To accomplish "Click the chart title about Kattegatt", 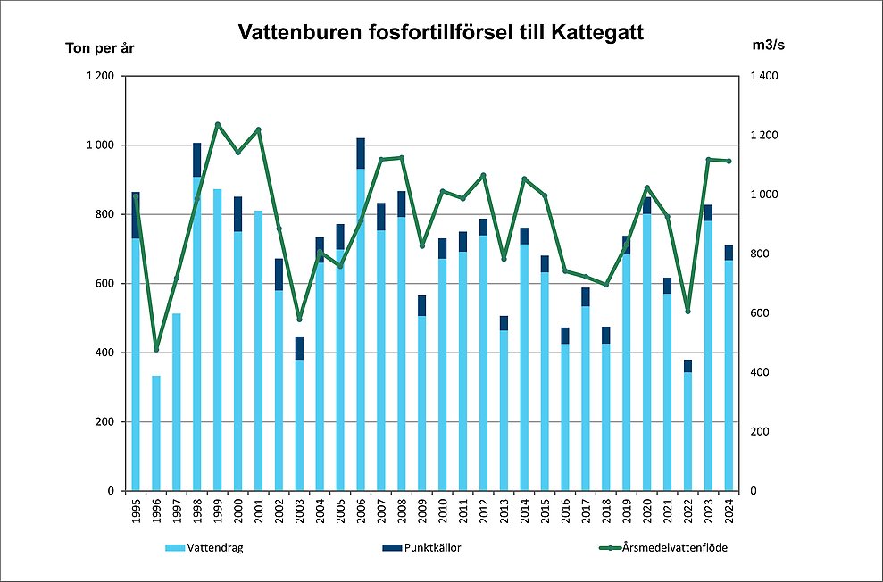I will click(440, 33).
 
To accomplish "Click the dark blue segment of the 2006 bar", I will click(361, 154).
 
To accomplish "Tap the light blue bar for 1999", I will click(218, 339).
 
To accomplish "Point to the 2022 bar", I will click(687, 428).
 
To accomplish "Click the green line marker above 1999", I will click(218, 124).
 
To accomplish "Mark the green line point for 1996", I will click(156, 349).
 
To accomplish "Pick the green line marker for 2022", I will click(687, 311).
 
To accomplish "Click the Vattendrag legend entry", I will click(205, 548).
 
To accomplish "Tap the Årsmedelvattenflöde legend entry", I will click(679, 548).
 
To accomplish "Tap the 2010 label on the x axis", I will click(443, 512).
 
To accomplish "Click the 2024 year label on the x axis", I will click(729, 512).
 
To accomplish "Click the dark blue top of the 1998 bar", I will click(197, 159).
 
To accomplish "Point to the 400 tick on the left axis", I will click(104, 353).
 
